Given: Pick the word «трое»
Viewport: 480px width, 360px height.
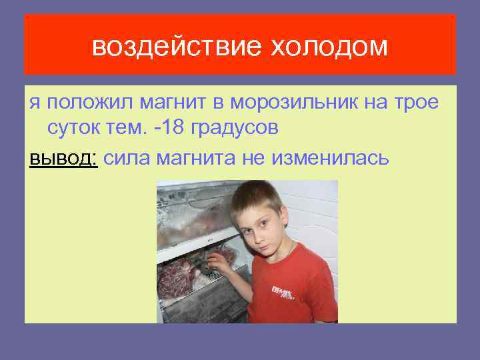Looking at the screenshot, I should click(x=417, y=103).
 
